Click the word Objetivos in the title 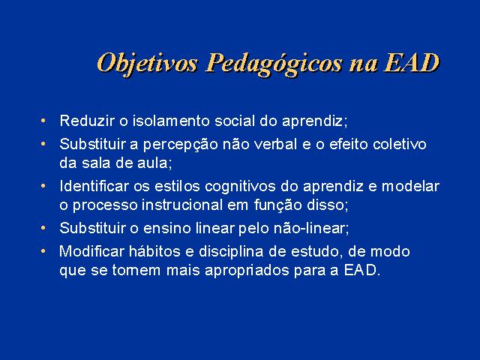tap(147, 64)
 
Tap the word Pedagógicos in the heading tap(273, 64)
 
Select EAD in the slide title tap(411, 62)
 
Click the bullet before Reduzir tap(43, 120)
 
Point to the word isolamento tap(171, 121)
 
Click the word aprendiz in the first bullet tap(312, 121)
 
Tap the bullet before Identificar tap(43, 186)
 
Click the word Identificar tap(94, 186)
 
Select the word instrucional tap(182, 205)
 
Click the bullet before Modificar tap(43, 251)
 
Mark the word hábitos tap(154, 251)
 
